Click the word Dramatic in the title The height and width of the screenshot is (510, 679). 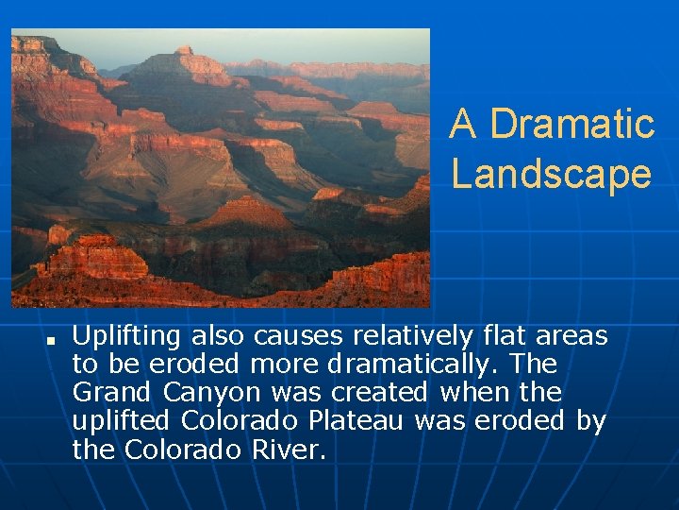572,124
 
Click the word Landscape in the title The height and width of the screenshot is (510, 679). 551,174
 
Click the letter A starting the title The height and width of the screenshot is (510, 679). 462,124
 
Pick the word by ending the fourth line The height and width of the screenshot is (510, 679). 590,421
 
